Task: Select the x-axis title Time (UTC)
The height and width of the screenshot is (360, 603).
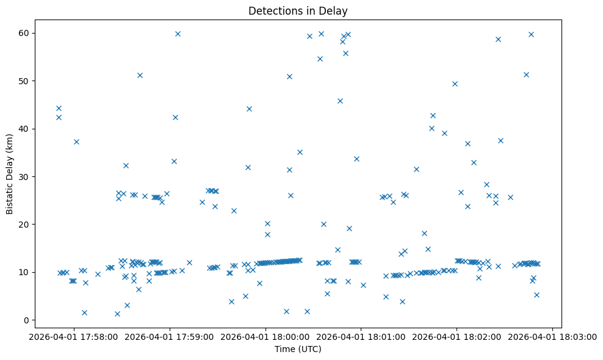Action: pos(298,349)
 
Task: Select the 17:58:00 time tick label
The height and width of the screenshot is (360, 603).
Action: pos(74,337)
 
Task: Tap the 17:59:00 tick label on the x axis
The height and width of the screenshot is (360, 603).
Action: pos(170,337)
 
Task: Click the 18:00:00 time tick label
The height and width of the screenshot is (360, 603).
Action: pos(265,337)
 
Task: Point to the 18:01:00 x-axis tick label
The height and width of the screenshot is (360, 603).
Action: pos(361,337)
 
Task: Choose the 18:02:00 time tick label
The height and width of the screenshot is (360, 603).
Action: pos(457,337)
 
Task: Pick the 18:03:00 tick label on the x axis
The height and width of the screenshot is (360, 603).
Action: pos(552,337)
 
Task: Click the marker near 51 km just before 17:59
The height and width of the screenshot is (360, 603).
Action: pos(140,75)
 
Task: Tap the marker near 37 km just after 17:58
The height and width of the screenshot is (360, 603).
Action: pos(76,142)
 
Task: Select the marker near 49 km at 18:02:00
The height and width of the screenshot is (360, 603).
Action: pos(455,84)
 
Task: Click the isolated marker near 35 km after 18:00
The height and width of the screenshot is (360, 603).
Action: pos(300,152)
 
